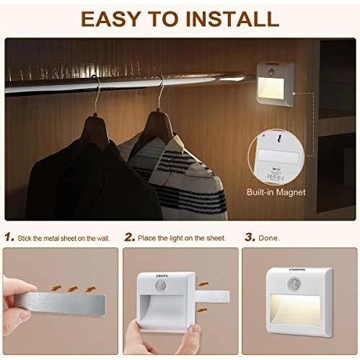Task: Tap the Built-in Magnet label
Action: (276, 192)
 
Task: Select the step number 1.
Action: (8, 236)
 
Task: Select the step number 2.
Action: (129, 236)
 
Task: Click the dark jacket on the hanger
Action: (69, 173)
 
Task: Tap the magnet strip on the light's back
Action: (277, 157)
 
